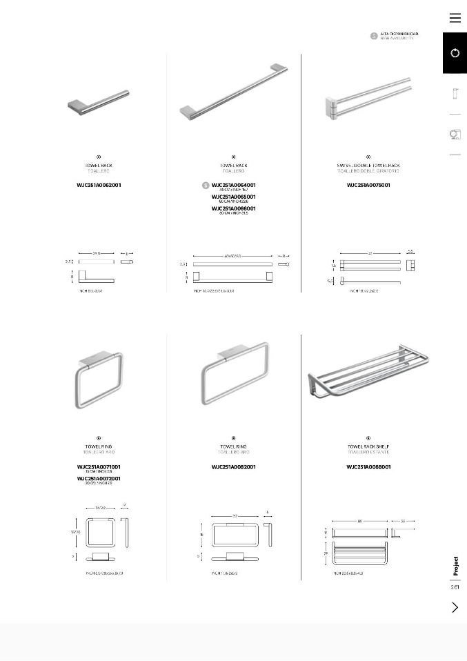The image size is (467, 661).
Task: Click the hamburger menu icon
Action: tap(455, 18)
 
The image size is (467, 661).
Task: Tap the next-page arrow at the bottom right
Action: tap(455, 607)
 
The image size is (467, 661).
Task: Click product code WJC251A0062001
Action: tap(99, 186)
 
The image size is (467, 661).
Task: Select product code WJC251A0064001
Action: tap(234, 185)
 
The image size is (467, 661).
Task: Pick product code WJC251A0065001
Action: tap(234, 197)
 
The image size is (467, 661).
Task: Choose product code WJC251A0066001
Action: tap(234, 208)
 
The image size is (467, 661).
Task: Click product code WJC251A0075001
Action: tap(368, 186)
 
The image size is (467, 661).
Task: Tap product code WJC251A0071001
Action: tap(99, 467)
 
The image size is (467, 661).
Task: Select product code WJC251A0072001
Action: tap(99, 478)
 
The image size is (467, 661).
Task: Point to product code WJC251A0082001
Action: tap(234, 467)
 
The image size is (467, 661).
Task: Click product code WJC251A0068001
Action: tap(368, 467)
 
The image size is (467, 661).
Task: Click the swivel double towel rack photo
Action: tap(368, 101)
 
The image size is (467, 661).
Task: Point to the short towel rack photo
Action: tap(99, 101)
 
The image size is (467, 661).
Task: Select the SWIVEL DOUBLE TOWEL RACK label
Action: tap(368, 166)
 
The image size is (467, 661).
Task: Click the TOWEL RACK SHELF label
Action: tap(368, 447)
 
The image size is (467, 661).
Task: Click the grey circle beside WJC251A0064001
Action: tap(206, 186)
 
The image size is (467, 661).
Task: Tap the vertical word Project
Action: tap(455, 566)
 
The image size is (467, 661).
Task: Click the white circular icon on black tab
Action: tap(455, 53)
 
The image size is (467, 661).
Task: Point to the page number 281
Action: tap(455, 588)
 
